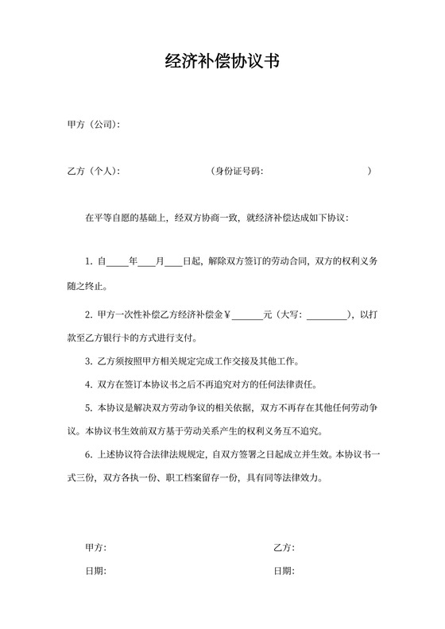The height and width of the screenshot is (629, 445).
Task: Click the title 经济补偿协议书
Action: click(x=222, y=61)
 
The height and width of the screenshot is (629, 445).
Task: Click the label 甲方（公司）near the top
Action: click(x=93, y=125)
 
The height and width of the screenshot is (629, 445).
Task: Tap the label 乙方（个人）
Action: click(x=93, y=171)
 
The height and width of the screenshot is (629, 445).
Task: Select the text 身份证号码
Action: click(x=238, y=171)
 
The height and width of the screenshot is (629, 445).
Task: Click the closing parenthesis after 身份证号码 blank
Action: click(x=370, y=171)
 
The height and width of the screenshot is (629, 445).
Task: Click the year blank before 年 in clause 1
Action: click(x=117, y=260)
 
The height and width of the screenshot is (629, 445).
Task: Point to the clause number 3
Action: click(x=87, y=362)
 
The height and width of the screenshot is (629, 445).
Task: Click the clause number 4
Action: click(x=87, y=385)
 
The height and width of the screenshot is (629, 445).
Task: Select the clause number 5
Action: click(x=87, y=409)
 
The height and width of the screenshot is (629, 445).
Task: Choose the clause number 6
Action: click(x=87, y=456)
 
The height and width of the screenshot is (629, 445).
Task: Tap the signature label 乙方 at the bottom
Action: click(x=283, y=548)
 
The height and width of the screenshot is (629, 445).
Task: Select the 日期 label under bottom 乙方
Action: click(x=283, y=571)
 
